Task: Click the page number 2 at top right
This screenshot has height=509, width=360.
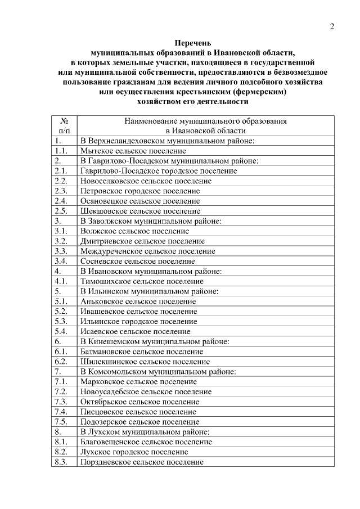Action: click(332, 26)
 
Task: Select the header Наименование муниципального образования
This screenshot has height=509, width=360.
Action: click(205, 121)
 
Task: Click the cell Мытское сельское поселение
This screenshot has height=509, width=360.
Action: click(133, 151)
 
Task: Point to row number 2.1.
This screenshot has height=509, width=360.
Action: click(61, 171)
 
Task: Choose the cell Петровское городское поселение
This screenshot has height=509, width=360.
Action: click(139, 191)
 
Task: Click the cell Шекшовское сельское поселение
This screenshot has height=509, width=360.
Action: click(139, 211)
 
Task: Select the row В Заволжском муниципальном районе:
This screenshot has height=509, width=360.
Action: click(151, 222)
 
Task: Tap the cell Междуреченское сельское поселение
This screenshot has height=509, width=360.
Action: click(147, 251)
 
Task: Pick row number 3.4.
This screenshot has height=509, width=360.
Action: click(61, 262)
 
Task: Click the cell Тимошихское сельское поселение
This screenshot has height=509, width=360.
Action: click(142, 281)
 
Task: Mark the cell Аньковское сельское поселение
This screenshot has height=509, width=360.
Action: click(138, 301)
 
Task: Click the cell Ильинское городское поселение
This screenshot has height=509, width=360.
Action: click(138, 322)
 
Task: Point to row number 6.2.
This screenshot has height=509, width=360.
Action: click(61, 362)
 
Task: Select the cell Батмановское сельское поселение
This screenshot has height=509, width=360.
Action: click(142, 352)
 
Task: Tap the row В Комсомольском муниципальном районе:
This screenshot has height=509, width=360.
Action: click(158, 372)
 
